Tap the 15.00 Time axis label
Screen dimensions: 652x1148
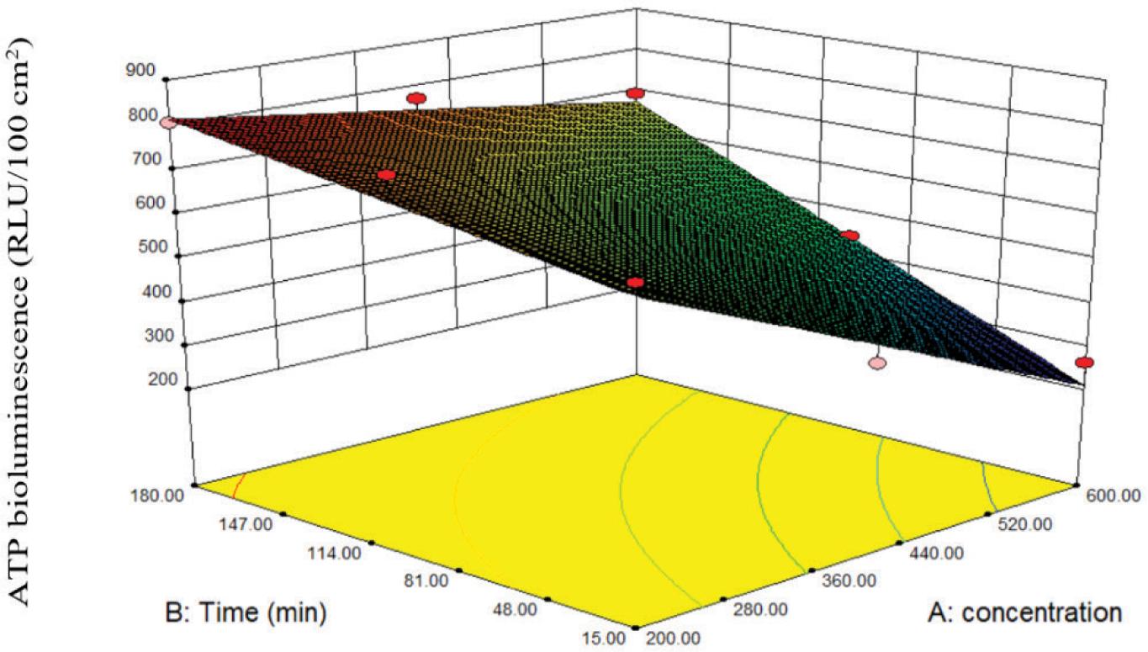coord(601,638)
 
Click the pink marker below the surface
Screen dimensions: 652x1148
coord(877,363)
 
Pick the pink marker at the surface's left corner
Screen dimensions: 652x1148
coord(167,122)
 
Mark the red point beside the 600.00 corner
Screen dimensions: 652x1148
coord(1084,363)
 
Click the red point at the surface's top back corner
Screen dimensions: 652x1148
coord(636,93)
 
